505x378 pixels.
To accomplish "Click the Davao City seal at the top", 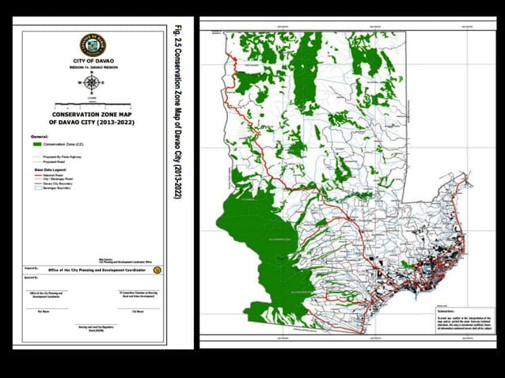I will [93, 44].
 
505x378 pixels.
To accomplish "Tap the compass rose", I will [93, 83].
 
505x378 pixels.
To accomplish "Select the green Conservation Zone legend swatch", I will [38, 145].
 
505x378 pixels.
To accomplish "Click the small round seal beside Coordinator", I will [157, 270].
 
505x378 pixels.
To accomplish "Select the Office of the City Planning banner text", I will [99, 270].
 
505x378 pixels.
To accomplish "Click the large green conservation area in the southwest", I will [253, 237].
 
